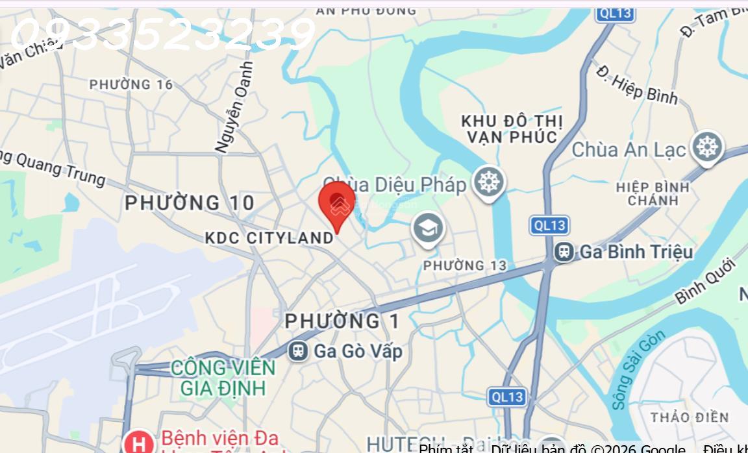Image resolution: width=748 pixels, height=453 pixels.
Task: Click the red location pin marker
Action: coord(337,203)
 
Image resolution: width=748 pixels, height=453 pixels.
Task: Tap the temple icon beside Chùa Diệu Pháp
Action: coord(488,182)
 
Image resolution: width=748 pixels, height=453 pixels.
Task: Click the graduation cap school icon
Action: coord(427,228)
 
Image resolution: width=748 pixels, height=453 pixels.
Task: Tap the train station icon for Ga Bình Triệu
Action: coord(563,252)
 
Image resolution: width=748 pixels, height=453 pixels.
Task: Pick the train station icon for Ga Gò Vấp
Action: coord(299,351)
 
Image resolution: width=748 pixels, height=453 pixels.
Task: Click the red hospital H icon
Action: coord(138,445)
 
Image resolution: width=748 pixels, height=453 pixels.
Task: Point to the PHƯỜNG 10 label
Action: coord(190,203)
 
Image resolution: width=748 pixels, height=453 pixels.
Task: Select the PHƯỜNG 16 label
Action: coord(131,84)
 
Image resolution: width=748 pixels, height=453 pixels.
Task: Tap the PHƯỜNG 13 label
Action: coord(464,265)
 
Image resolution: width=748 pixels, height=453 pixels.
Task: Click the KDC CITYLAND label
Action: coord(269,238)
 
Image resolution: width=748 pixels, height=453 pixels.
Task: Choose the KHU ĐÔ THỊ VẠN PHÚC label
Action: coord(512,129)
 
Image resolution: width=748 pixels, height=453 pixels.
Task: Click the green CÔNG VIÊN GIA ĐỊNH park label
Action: coord(223,378)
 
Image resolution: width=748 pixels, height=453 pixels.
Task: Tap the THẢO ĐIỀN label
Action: coord(690,417)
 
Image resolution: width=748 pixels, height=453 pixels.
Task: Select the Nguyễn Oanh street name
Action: coord(234,107)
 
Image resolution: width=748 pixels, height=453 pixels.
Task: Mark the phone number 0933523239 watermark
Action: coord(162,34)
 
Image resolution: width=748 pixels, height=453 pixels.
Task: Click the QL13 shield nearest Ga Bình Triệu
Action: coord(549,225)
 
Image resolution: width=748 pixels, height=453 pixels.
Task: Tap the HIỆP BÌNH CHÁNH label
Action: coord(653,193)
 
